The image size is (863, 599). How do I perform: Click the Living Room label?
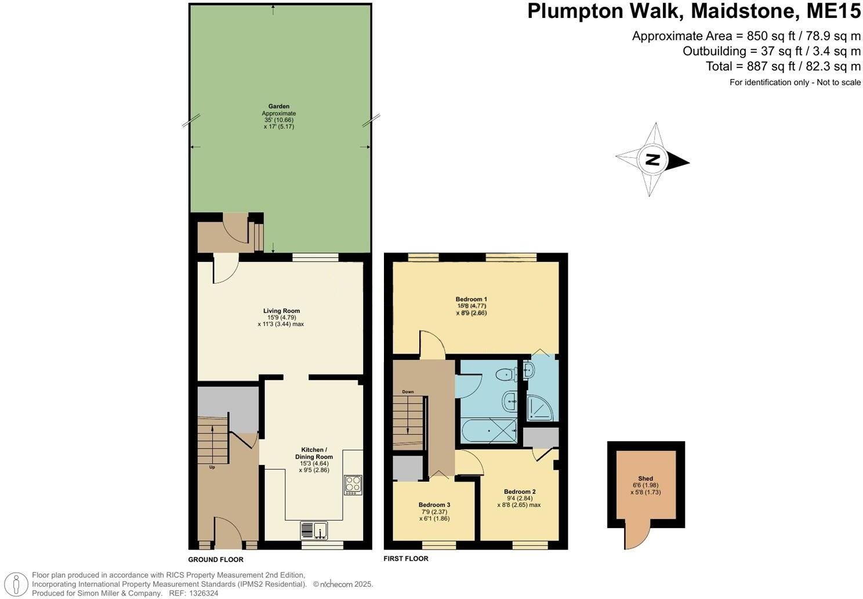tap(281, 311)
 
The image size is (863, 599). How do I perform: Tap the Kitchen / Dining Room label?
tap(314, 453)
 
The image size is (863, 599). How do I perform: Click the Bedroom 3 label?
tap(434, 505)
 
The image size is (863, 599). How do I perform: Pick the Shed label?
tap(645, 479)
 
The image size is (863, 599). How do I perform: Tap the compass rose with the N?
tap(653, 160)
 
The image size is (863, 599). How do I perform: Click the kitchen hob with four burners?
tap(353, 484)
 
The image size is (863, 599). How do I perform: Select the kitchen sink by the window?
tap(314, 530)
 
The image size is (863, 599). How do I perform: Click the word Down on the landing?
tap(408, 392)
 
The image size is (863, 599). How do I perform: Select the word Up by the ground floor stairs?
tap(212, 467)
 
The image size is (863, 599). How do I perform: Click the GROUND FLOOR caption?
tap(216, 560)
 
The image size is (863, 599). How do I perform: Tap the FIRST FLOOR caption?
tap(406, 558)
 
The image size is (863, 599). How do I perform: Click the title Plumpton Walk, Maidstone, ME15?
tap(694, 12)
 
